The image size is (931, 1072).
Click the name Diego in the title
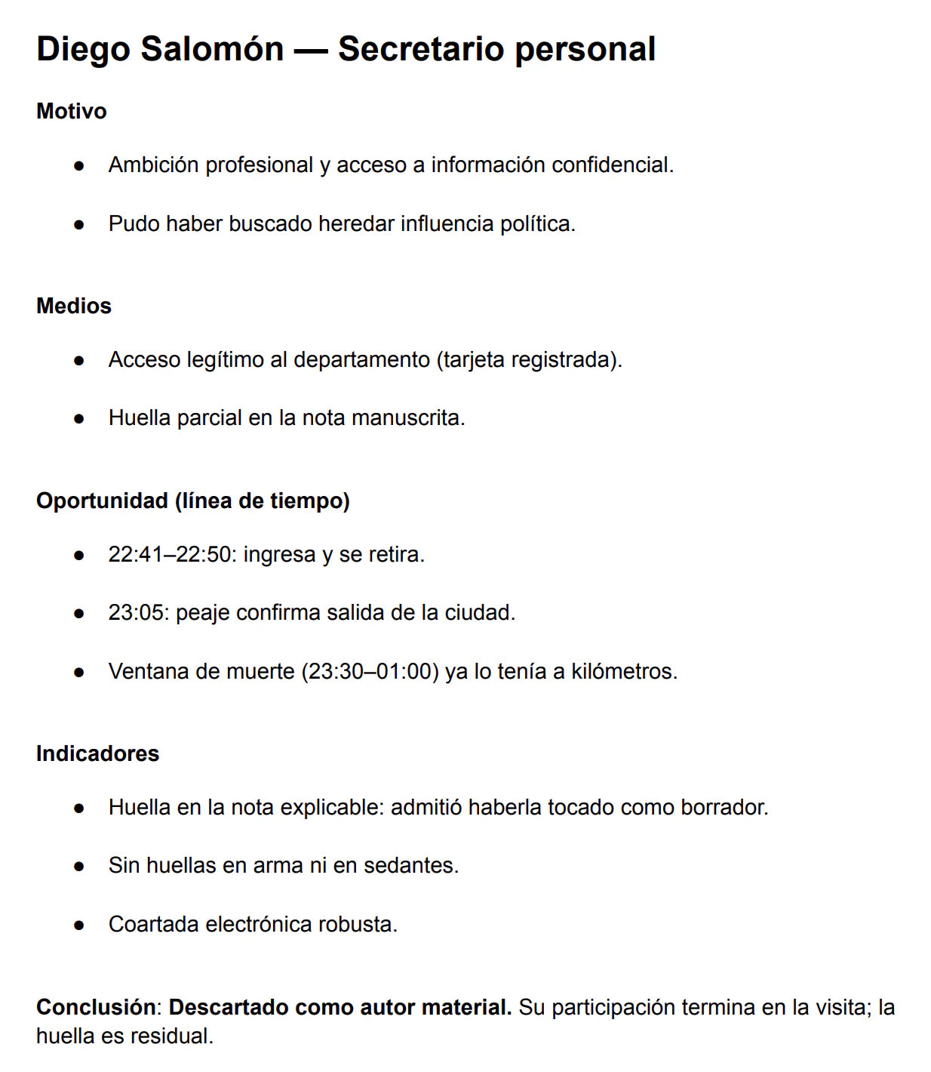tap(83, 49)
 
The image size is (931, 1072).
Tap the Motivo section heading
tap(72, 111)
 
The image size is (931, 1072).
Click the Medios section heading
tap(74, 306)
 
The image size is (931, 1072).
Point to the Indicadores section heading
tap(97, 753)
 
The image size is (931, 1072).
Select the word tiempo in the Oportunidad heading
tap(309, 501)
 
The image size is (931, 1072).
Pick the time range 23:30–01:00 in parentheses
tap(370, 671)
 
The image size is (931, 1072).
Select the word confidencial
tap(611, 165)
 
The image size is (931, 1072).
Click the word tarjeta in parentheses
tap(474, 359)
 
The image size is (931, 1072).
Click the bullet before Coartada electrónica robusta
tap(79, 925)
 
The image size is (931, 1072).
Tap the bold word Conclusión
tap(97, 1007)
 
